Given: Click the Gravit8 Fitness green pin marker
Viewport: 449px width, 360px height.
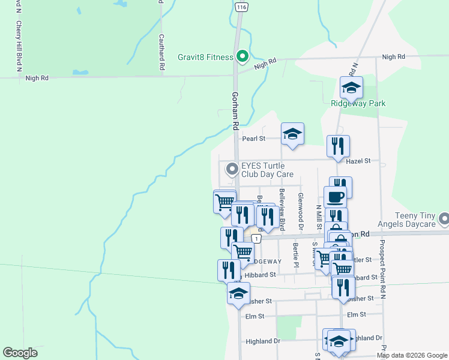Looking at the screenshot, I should click(x=243, y=56).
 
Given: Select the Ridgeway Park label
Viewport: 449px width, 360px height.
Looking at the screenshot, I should click(x=358, y=103).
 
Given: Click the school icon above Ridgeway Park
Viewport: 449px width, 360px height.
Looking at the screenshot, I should click(x=351, y=89).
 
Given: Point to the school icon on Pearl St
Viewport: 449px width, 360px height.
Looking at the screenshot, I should click(x=292, y=134).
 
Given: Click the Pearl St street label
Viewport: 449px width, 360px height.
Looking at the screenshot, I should click(x=253, y=139).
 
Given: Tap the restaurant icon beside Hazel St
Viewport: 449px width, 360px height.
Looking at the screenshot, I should click(x=338, y=146).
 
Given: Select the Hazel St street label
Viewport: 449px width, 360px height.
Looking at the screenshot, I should click(x=358, y=161).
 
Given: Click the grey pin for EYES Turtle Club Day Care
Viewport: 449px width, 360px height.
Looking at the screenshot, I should click(x=231, y=170).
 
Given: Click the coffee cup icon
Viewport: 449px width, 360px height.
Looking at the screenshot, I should click(x=335, y=197).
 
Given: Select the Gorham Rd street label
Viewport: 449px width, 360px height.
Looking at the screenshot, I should click(x=235, y=111).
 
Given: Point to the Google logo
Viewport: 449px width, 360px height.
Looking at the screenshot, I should click(x=20, y=353).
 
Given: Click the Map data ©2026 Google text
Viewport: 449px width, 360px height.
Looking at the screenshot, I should click(x=411, y=355).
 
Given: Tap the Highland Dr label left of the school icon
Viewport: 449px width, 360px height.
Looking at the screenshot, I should click(x=263, y=341).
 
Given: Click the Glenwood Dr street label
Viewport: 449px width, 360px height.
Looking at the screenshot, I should click(x=301, y=212).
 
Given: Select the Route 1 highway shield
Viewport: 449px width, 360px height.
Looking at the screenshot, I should click(x=256, y=239).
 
